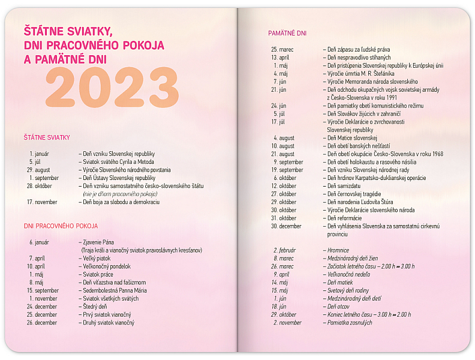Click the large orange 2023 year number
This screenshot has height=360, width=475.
pos(112,87)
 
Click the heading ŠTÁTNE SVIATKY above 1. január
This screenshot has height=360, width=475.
pos(47,137)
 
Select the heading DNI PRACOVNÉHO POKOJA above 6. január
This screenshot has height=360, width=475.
pos(61,226)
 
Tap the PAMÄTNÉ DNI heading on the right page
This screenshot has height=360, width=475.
pos(287,33)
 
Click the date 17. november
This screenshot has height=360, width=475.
pos(42,202)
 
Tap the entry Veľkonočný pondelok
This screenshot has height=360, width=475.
pos(107,266)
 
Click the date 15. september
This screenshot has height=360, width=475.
pos(43,290)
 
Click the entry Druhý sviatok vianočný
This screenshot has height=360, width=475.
pos(109,323)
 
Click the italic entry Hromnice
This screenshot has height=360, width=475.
pos(341,250)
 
